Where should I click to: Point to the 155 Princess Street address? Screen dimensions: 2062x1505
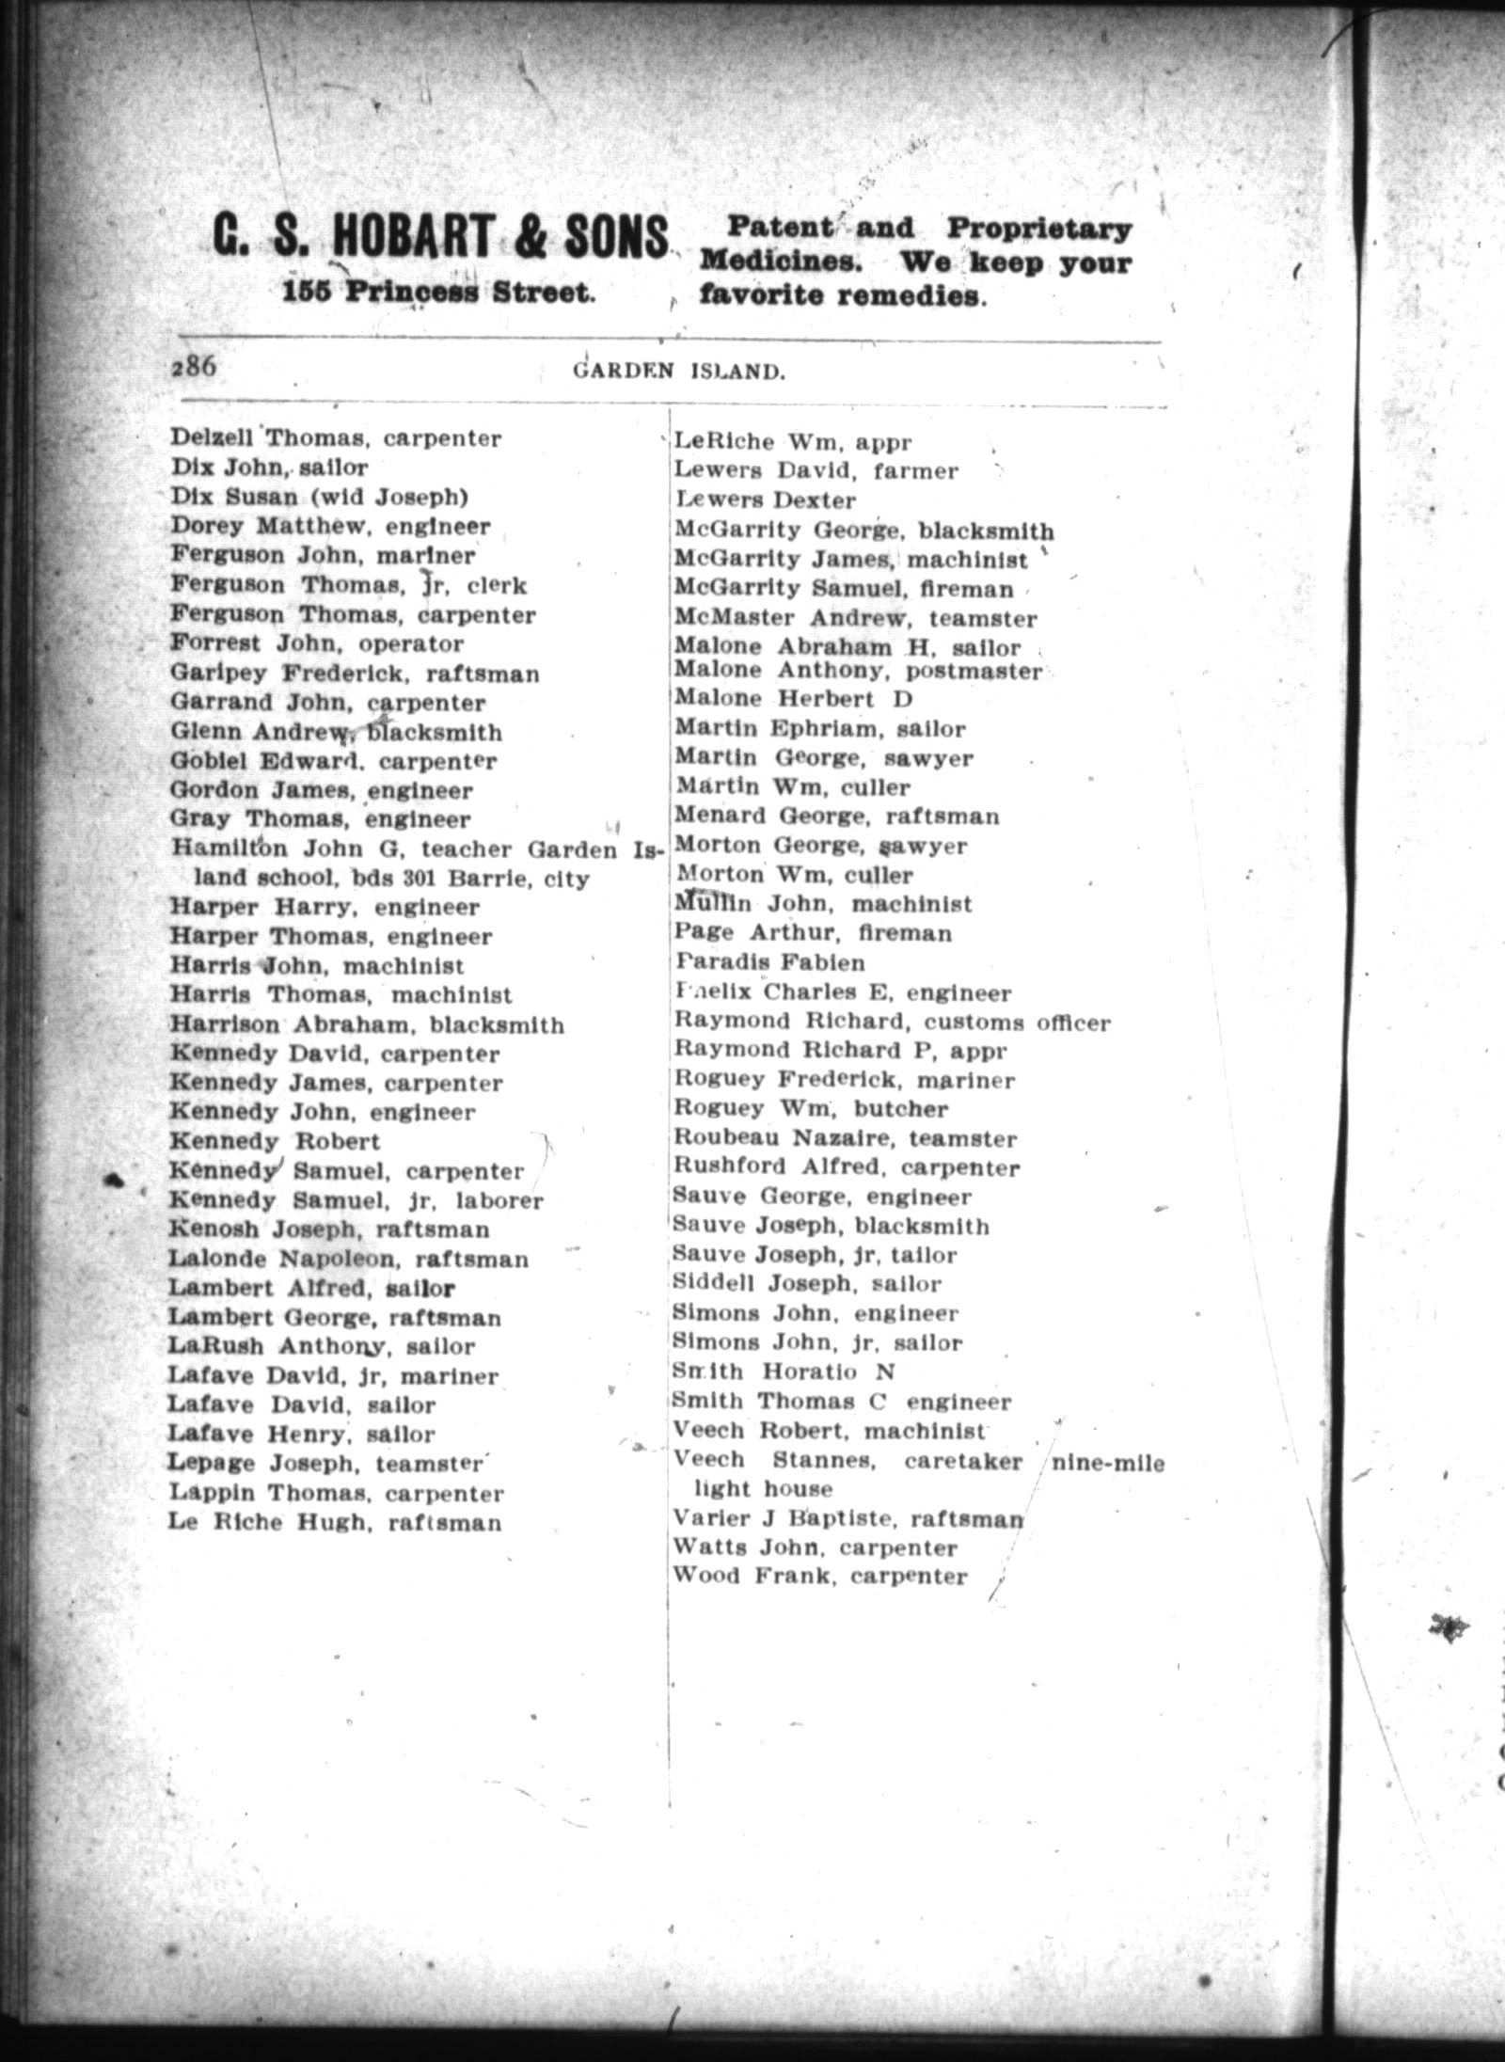(439, 293)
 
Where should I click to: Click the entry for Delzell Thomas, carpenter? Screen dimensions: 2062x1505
(336, 438)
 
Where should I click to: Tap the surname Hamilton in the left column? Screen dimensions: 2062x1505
(229, 849)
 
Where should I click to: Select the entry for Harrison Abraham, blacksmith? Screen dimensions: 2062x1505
(367, 1024)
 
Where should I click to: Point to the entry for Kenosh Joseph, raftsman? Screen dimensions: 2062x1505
(329, 1229)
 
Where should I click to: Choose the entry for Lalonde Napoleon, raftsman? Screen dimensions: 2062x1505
(348, 1259)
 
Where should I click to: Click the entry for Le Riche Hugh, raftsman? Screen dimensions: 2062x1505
(335, 1522)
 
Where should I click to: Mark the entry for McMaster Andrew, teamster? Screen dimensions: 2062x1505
(855, 619)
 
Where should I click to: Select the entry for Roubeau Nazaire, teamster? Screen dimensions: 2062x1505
(845, 1139)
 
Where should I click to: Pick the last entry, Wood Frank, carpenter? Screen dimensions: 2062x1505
(820, 1577)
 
